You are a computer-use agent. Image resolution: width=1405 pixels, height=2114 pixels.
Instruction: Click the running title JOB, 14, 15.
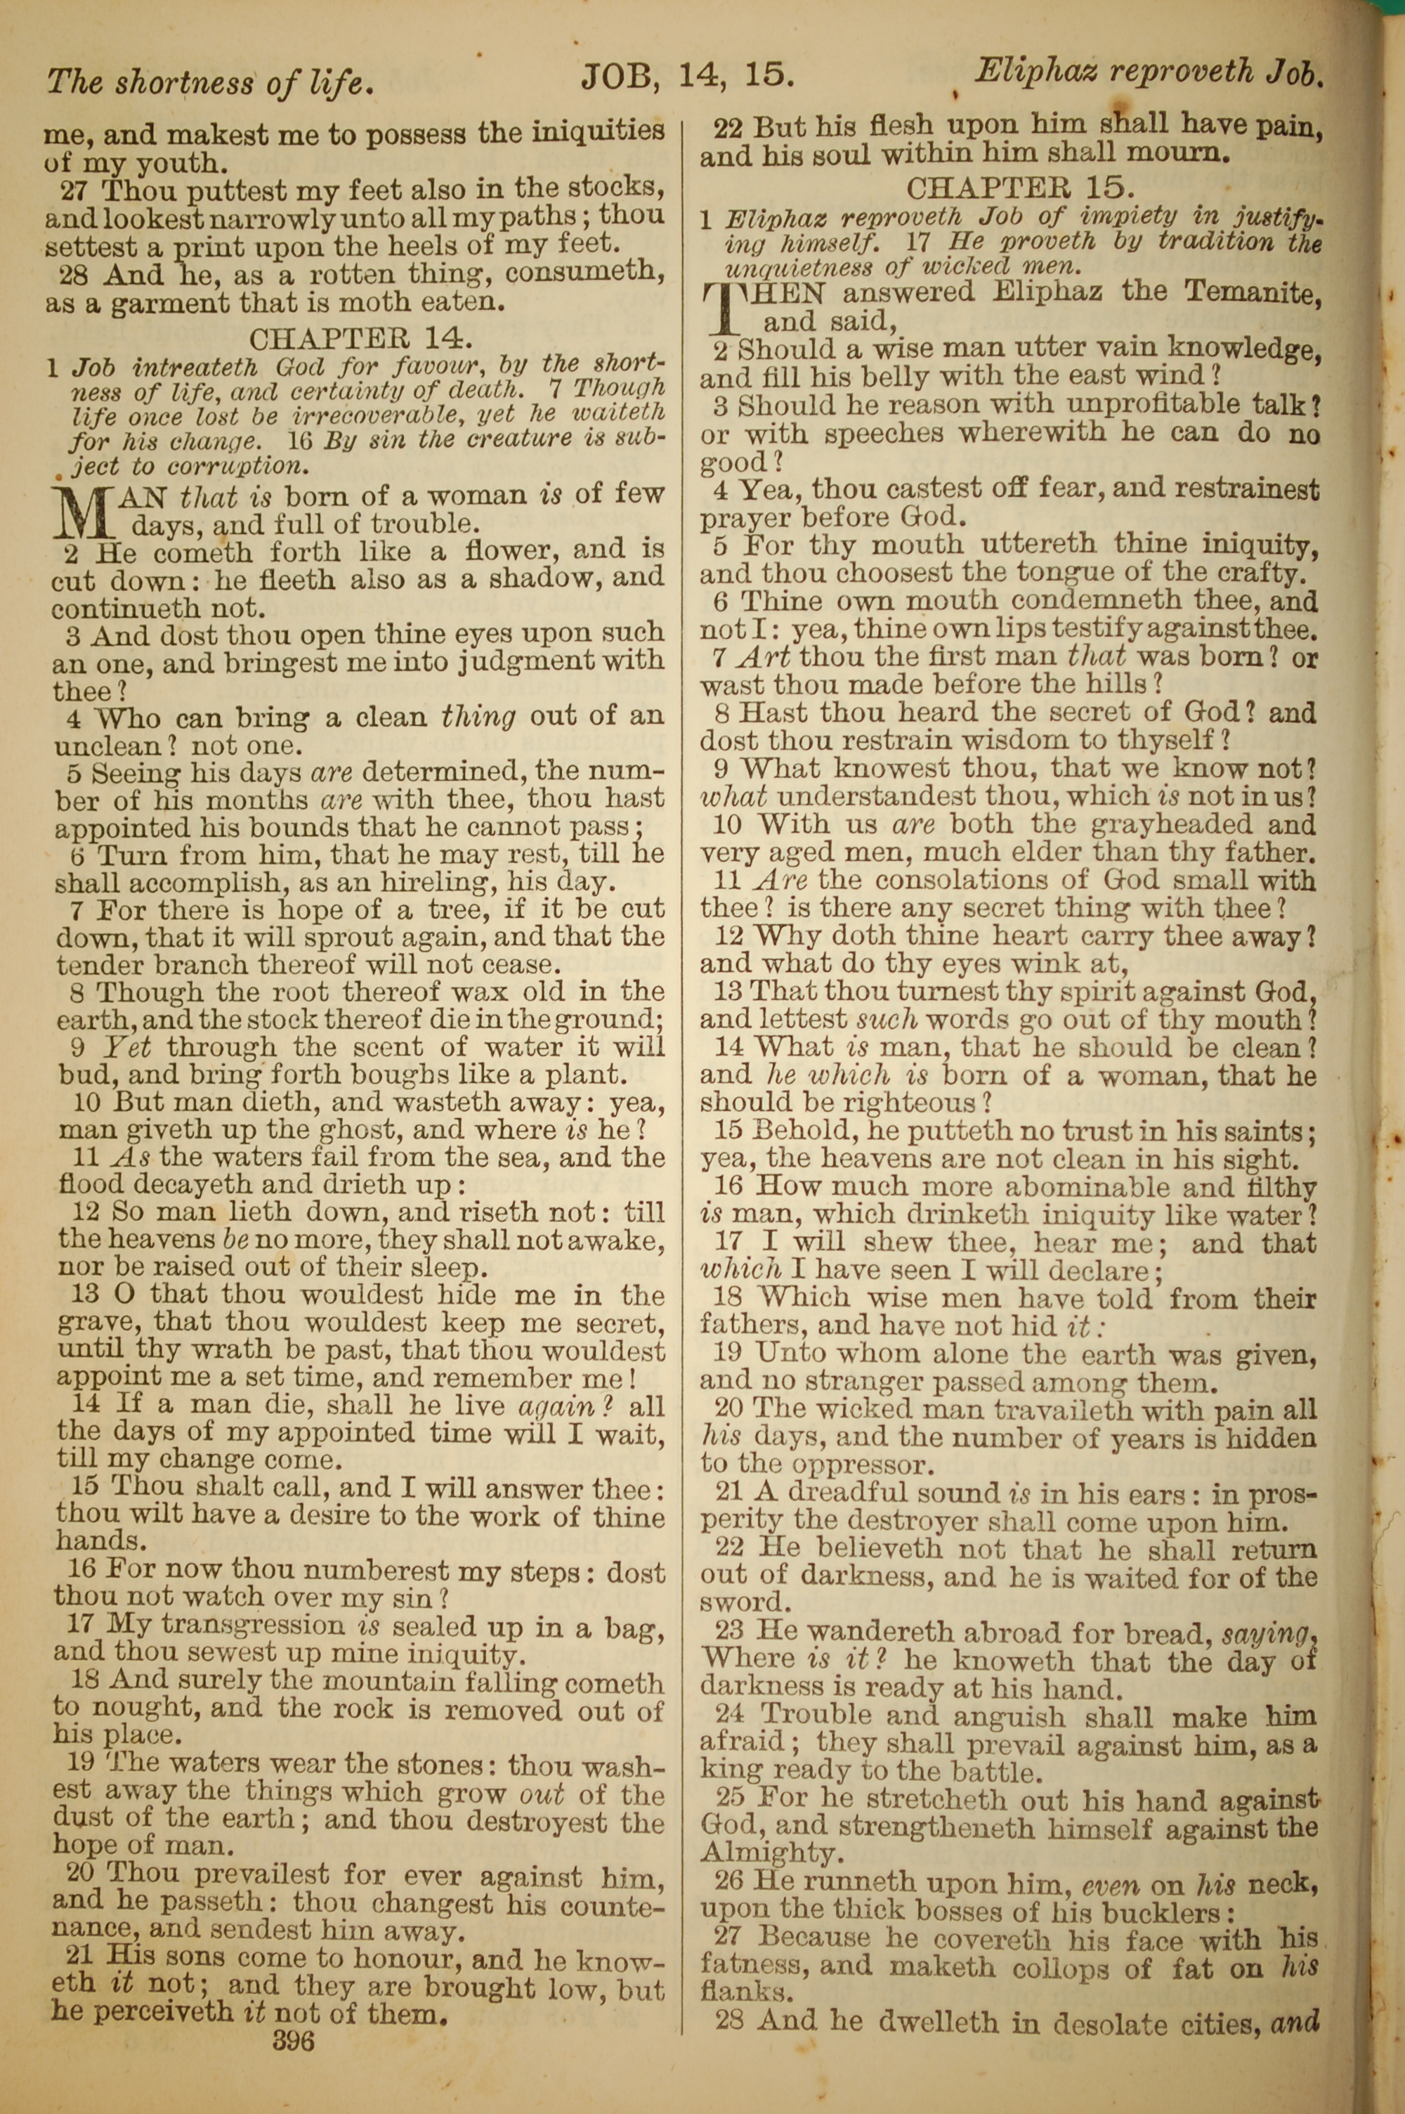[x=687, y=76]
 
